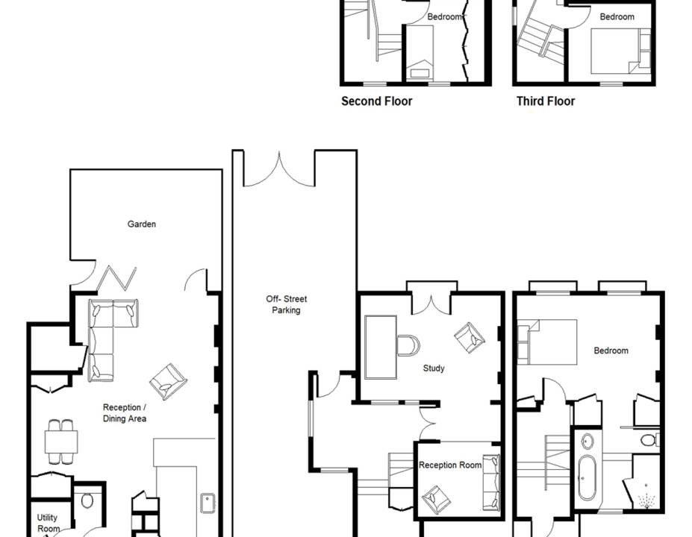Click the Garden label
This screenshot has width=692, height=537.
[x=142, y=224]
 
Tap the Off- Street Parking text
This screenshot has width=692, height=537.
[x=286, y=304]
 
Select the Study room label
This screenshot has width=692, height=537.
[x=434, y=368]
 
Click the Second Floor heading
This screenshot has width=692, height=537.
[x=376, y=101]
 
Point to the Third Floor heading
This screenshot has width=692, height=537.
[x=546, y=101]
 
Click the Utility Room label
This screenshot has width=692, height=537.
[x=48, y=523]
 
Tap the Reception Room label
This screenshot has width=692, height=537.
[x=449, y=465]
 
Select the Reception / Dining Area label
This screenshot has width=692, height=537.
[x=125, y=412]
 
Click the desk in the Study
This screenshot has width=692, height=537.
[x=381, y=347]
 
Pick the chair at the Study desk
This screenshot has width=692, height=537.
[x=408, y=345]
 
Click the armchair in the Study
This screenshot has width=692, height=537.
[x=470, y=338]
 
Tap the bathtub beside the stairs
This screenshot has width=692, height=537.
[x=587, y=477]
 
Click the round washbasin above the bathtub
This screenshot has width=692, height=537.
[x=587, y=442]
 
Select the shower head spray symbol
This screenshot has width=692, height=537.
[x=646, y=500]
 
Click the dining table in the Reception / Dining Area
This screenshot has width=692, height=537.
[x=61, y=442]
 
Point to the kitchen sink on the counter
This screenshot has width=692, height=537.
[x=208, y=503]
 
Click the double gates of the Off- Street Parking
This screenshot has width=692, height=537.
[x=279, y=170]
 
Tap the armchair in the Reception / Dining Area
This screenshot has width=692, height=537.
[x=168, y=382]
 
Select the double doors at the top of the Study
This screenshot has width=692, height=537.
[x=431, y=304]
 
